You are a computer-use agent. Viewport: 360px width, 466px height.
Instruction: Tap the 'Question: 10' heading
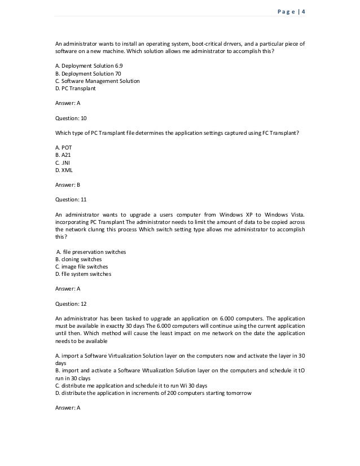tap(71, 118)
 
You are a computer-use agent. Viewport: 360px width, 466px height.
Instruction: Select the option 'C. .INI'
tap(62, 162)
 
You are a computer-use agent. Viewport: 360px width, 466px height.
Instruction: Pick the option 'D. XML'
tap(63, 170)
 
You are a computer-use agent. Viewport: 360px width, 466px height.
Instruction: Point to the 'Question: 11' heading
tap(71, 199)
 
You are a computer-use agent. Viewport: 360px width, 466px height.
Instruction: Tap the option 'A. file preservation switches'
tap(91, 252)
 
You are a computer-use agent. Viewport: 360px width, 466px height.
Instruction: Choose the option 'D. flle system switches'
tap(83, 274)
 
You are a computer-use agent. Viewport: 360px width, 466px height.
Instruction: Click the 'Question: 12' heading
tap(71, 303)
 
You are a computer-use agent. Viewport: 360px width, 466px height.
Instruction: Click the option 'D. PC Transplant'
tap(75, 88)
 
